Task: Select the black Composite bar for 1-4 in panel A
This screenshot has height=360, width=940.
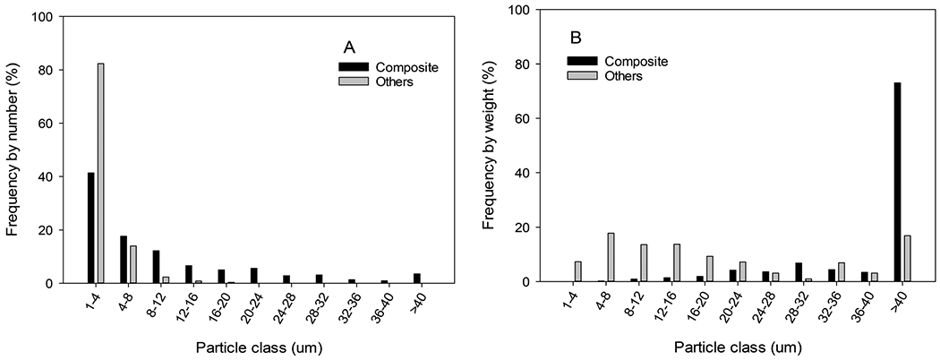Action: pos(91,227)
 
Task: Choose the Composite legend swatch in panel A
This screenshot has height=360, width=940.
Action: pos(353,65)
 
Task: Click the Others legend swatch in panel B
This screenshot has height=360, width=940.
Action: pos(582,76)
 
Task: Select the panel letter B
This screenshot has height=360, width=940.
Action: pos(577,39)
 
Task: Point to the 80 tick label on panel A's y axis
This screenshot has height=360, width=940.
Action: pos(47,70)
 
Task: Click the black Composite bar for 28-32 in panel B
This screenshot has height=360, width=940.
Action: pos(799,272)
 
